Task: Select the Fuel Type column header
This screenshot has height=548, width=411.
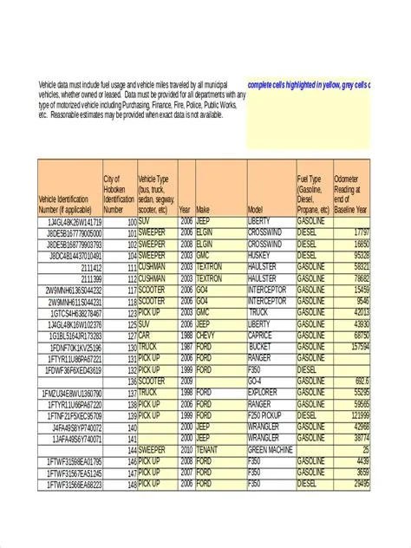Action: tap(313, 194)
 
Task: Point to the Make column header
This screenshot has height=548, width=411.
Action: tap(204, 210)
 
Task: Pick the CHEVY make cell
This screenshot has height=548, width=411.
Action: tap(205, 335)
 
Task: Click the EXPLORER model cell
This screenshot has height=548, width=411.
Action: tap(264, 392)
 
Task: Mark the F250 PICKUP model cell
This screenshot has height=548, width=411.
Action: tap(269, 415)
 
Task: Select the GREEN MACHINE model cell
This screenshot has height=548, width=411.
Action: tap(271, 450)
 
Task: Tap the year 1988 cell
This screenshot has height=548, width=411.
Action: tap(186, 335)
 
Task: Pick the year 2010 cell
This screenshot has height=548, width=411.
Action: tap(186, 450)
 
